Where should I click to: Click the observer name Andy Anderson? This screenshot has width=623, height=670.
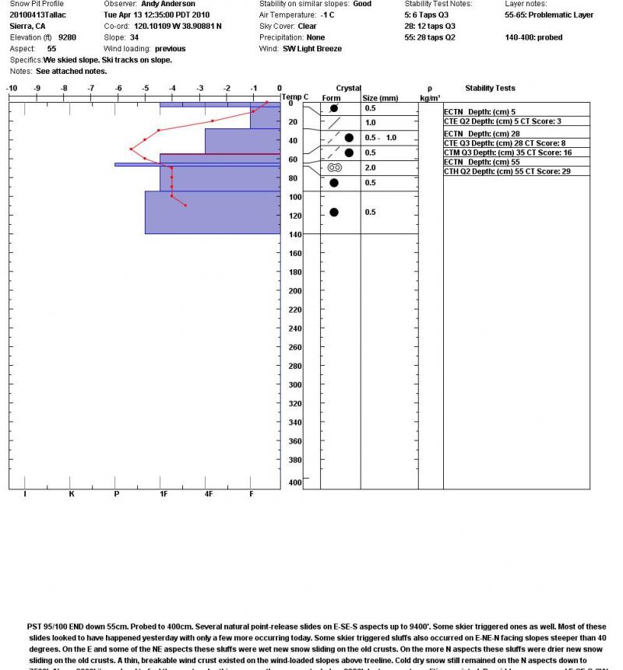[167, 4]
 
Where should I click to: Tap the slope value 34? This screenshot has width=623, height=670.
[134, 37]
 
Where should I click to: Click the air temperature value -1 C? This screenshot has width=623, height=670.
[327, 15]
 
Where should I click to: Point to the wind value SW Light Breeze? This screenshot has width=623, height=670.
[312, 48]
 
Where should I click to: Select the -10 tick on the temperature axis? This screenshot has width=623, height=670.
[12, 88]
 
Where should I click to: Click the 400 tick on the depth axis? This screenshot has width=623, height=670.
[294, 483]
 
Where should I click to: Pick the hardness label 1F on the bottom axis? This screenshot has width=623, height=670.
[164, 494]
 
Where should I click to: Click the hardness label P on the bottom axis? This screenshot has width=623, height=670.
[116, 494]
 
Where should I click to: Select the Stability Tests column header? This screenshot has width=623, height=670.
[490, 88]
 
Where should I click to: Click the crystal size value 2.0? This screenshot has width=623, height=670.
[370, 168]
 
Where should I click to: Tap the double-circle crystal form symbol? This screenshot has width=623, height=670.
[335, 167]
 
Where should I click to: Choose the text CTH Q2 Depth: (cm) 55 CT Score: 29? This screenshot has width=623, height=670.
[507, 171]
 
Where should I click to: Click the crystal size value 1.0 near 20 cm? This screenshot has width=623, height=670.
[370, 123]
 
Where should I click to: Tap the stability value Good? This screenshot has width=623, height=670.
[362, 4]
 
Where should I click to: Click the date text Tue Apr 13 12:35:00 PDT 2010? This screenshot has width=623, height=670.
[157, 15]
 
